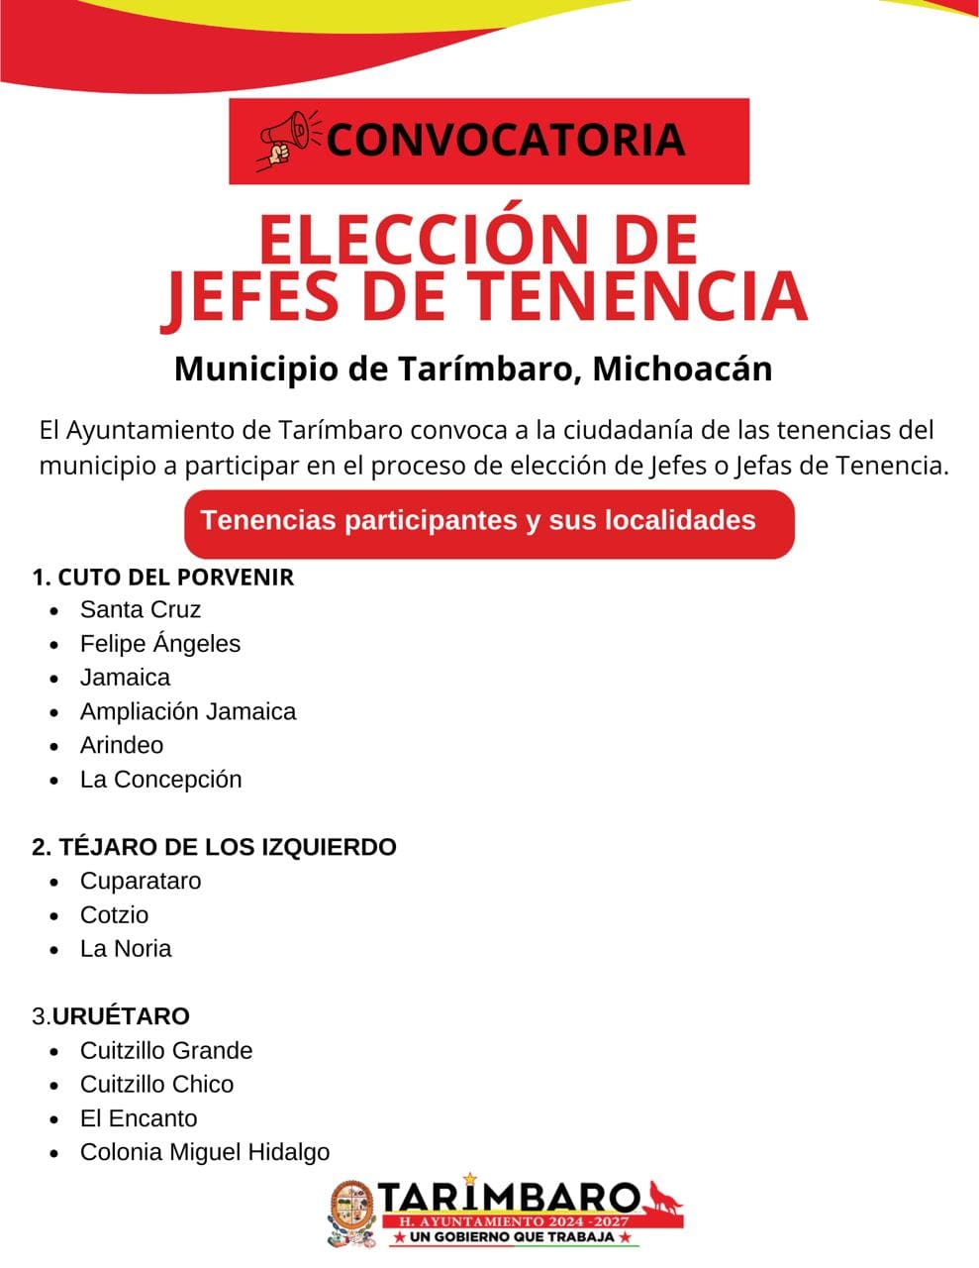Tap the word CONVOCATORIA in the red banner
pos(505,140)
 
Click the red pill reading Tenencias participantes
pos(489,522)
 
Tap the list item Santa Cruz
pos(141,610)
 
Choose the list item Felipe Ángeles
pos(160,644)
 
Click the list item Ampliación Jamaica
pos(188,711)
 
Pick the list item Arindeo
pos(122,745)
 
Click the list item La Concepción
pos(161,780)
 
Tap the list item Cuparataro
pos(141,881)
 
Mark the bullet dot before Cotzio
pos(56,915)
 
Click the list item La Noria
pos(126,949)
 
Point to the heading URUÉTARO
pos(121,1016)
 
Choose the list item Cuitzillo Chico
pos(157,1085)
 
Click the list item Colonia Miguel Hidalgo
pos(205,1152)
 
